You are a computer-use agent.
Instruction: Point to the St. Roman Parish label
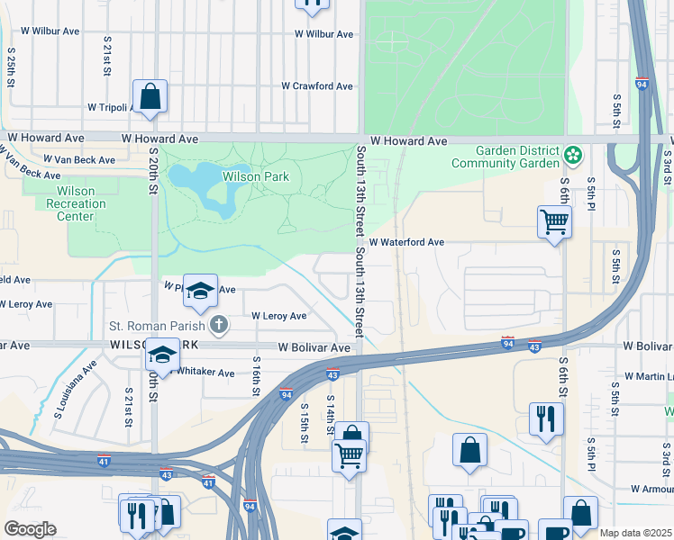(x=157, y=325)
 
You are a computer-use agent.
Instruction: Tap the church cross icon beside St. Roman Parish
(x=216, y=325)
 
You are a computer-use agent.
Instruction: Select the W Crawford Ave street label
(x=316, y=86)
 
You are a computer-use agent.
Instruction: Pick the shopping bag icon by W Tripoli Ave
(x=150, y=96)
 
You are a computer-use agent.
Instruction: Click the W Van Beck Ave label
(x=84, y=160)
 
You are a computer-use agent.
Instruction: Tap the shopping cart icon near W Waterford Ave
(x=553, y=220)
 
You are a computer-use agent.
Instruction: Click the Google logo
(x=30, y=528)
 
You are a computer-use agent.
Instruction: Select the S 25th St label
(x=12, y=68)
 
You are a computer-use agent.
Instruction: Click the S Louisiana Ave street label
(x=75, y=390)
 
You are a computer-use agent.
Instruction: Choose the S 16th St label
(x=256, y=379)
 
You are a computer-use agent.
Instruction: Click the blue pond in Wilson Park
(x=200, y=179)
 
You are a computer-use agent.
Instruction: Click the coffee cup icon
(x=555, y=531)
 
